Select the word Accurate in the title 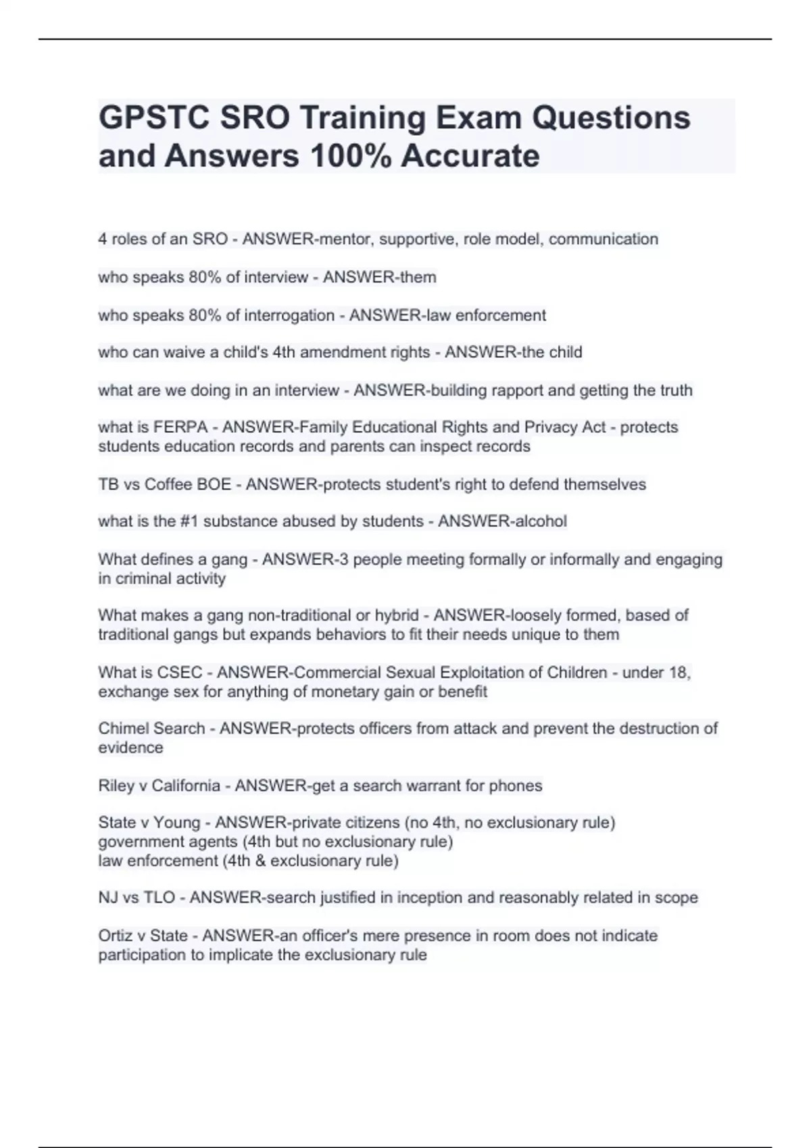(470, 157)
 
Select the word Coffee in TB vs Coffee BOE (168, 485)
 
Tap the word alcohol (541, 521)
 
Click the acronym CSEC (179, 673)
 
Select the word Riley (116, 786)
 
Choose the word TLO (159, 897)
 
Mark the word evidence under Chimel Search (130, 748)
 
